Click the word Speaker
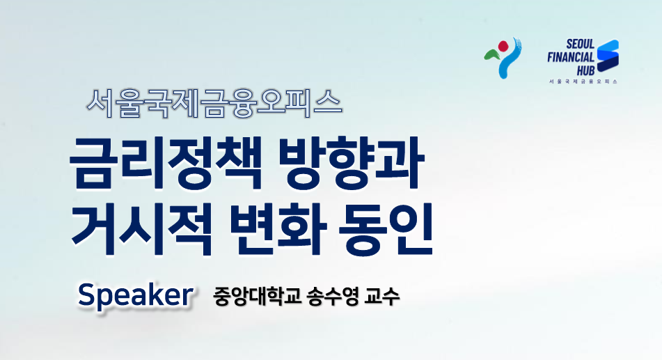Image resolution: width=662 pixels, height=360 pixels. click(x=136, y=296)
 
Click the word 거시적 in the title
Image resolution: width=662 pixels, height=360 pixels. click(x=142, y=228)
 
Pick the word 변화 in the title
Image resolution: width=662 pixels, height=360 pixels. click(x=278, y=228)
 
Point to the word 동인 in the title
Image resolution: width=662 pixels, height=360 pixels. click(x=386, y=228)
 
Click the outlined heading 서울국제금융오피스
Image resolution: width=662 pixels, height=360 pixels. click(x=214, y=103)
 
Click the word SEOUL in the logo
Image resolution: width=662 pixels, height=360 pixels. click(x=580, y=44)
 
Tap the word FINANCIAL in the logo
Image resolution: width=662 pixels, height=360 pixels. click(x=571, y=58)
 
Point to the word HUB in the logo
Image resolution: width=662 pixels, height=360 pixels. click(x=585, y=70)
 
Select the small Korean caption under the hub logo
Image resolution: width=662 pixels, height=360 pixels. click(x=583, y=81)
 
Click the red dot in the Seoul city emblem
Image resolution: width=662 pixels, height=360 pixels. click(x=503, y=46)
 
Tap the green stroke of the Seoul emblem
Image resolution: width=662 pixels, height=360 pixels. click(x=492, y=54)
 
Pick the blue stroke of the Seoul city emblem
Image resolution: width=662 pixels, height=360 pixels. click(x=509, y=59)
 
